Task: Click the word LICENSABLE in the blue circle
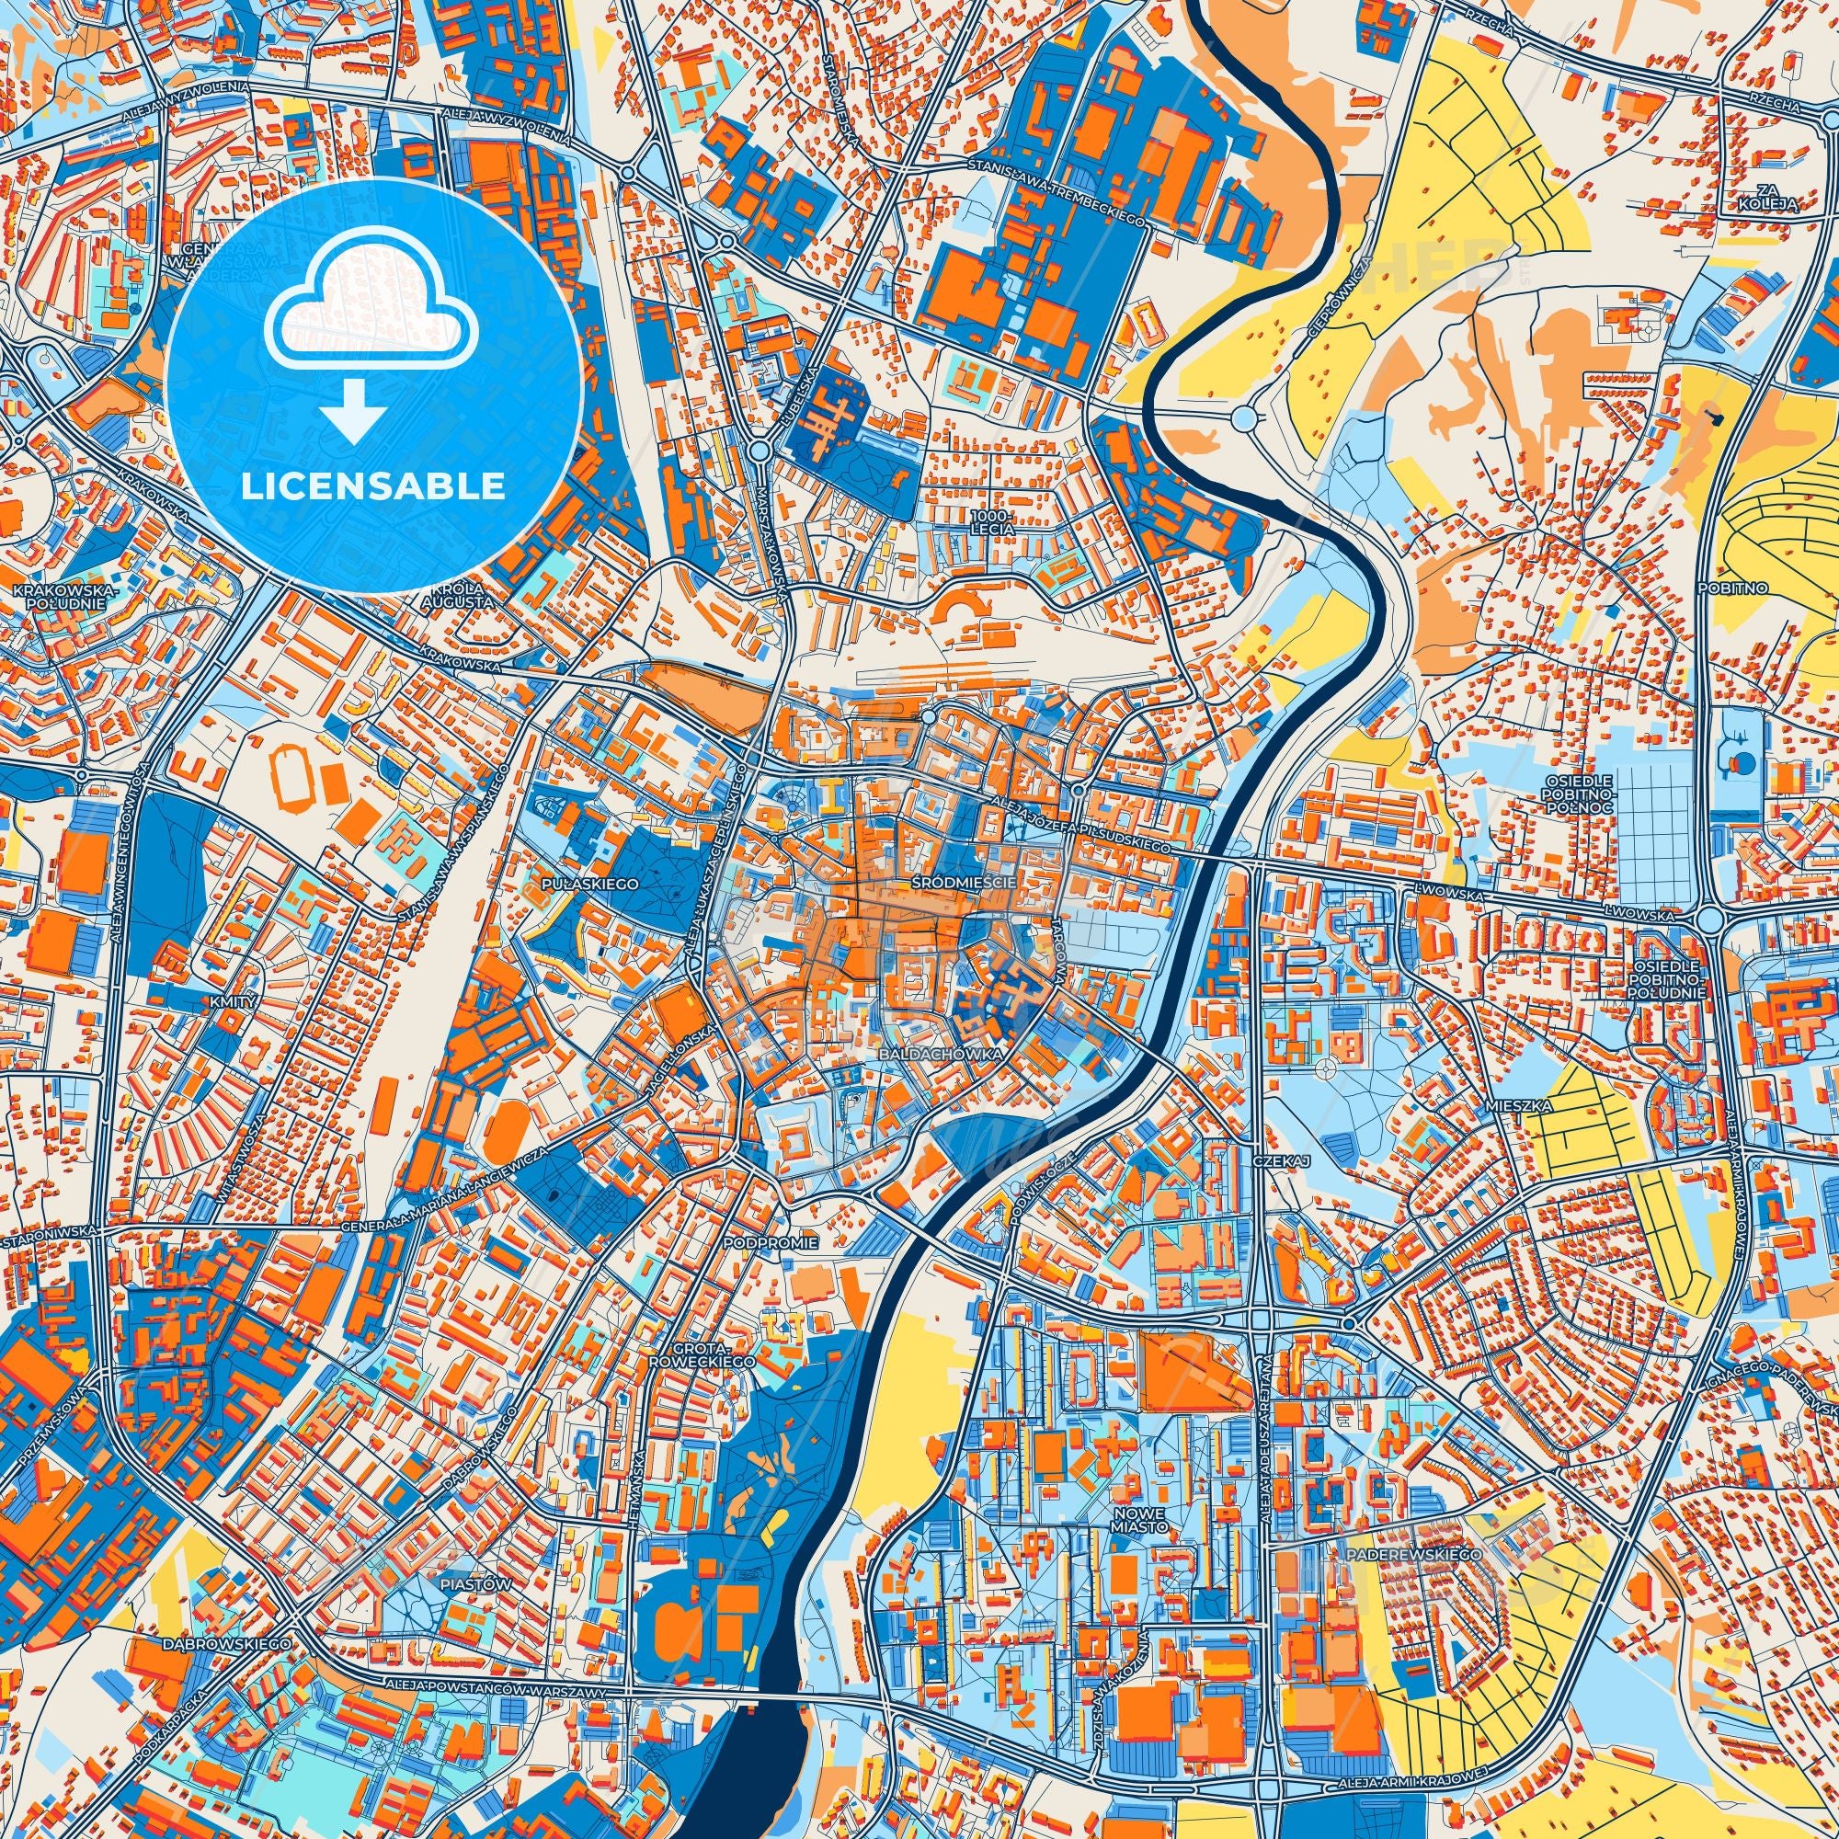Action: click(x=372, y=487)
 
